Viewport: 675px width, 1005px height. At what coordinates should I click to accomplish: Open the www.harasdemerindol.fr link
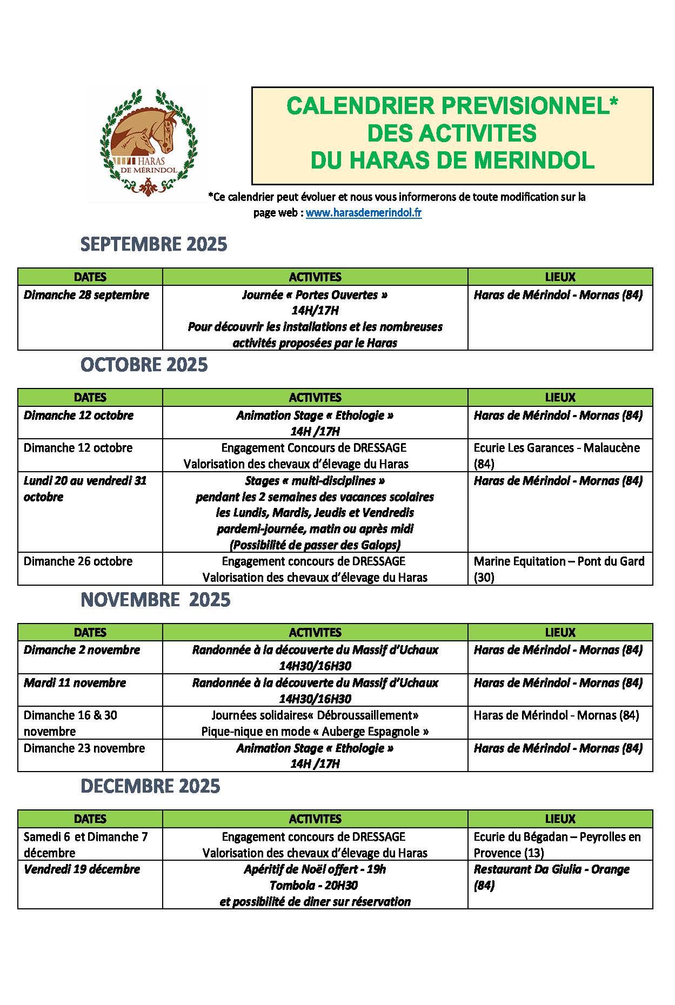(x=363, y=213)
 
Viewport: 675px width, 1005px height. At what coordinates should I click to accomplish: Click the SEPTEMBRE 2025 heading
(x=154, y=244)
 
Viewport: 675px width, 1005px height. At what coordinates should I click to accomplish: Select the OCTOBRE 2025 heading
(x=144, y=365)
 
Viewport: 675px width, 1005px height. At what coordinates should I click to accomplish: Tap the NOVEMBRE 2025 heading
(x=156, y=600)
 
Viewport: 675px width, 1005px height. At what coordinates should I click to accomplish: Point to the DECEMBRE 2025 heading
(x=150, y=786)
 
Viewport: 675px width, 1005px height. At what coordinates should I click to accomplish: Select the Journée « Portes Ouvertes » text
(x=315, y=295)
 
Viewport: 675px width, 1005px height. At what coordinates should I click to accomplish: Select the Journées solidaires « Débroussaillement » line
(x=315, y=715)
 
